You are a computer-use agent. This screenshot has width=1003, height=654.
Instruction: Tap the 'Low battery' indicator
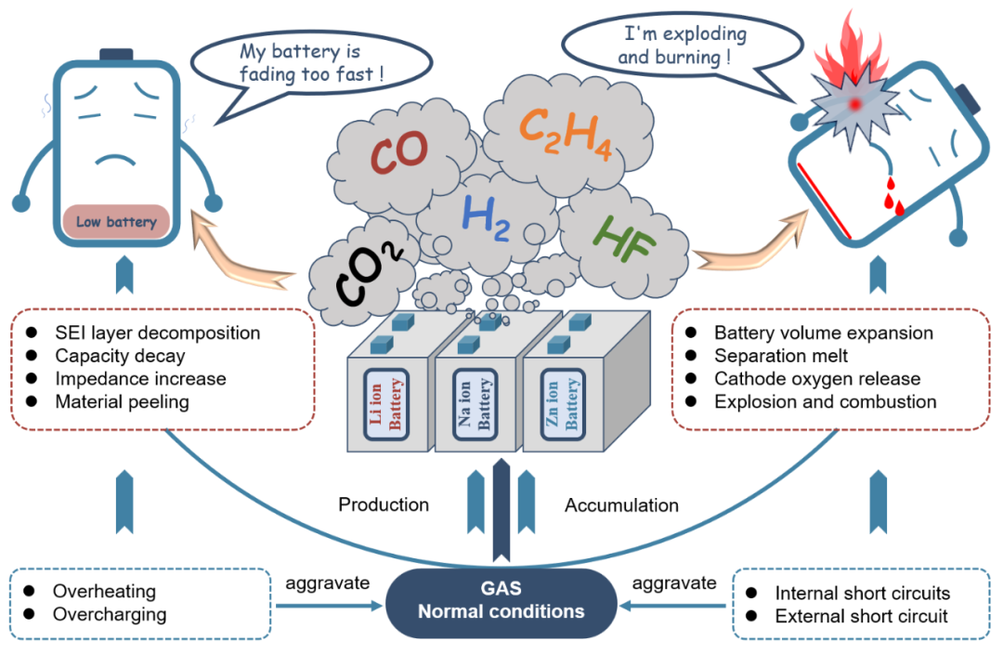pyautogui.click(x=116, y=222)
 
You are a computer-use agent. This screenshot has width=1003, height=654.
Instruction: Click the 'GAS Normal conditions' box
pyautogui.click(x=501, y=599)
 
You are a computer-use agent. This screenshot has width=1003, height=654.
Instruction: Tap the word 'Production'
pyautogui.click(x=384, y=504)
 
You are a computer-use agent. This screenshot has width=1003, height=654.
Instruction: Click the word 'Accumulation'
pyautogui.click(x=621, y=505)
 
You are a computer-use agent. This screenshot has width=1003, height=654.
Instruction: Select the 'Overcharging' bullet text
pyautogui.click(x=110, y=614)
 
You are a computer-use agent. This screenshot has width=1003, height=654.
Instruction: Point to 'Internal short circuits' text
pyautogui.click(x=862, y=593)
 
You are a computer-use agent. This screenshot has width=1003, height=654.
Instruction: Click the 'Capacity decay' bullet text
pyautogui.click(x=120, y=356)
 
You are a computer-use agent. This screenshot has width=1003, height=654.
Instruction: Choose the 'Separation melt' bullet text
pyautogui.click(x=780, y=356)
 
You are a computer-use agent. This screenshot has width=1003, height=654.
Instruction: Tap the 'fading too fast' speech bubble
pyautogui.click(x=311, y=62)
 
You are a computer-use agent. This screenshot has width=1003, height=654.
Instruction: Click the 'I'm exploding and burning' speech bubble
pyautogui.click(x=671, y=46)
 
